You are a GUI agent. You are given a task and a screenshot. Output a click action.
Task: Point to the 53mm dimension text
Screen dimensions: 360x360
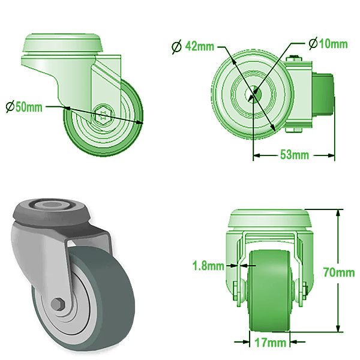(x=295, y=155)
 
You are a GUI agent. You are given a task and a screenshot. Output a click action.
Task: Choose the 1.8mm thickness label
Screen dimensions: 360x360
(x=208, y=265)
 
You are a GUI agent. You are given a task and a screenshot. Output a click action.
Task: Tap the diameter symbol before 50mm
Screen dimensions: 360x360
(x=10, y=107)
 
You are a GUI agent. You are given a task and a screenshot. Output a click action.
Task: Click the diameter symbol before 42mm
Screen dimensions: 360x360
(x=177, y=46)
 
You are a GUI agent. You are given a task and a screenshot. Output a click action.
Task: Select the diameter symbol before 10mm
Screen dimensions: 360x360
(x=313, y=44)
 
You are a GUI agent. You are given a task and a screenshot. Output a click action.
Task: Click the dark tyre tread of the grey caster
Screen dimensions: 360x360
(x=102, y=312)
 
